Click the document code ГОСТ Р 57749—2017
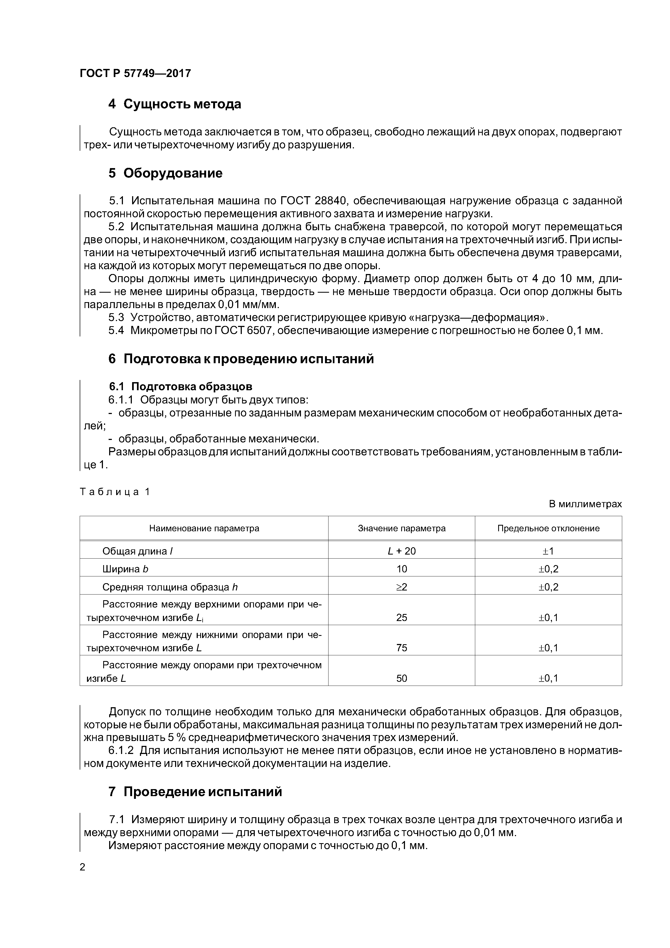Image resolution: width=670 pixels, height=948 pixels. tap(135, 74)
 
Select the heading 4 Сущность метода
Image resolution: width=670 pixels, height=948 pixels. tap(175, 104)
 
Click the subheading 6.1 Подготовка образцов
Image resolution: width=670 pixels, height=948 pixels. tap(180, 386)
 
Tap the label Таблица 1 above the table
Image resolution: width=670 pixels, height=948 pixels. tap(115, 492)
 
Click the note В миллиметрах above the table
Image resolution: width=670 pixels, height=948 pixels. tap(585, 504)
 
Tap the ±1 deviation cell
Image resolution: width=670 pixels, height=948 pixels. tap(548, 551)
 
